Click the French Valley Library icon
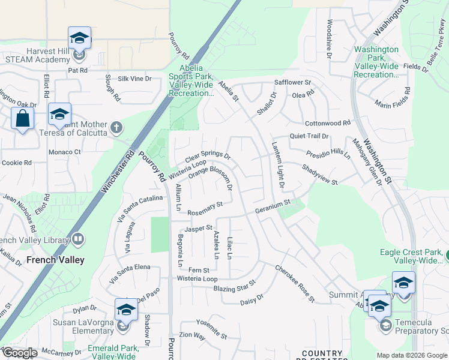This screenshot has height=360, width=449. pos(78,240)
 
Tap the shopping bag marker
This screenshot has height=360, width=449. pos(23,118)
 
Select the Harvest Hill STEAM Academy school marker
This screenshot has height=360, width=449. pos(79,39)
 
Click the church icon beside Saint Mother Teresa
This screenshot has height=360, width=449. pos(116,127)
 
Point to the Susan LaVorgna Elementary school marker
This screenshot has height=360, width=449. pos(126,310)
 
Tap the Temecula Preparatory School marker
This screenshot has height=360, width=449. pos(379,307)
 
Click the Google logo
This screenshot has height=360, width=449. pos(19,353)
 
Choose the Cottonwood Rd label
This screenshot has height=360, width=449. pos(327,123)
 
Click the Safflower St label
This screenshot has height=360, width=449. pos(292,82)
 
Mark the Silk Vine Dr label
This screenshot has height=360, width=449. pos(135,79)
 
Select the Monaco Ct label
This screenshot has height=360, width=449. pos(64,152)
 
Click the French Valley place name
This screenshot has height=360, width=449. pos(56,260)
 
